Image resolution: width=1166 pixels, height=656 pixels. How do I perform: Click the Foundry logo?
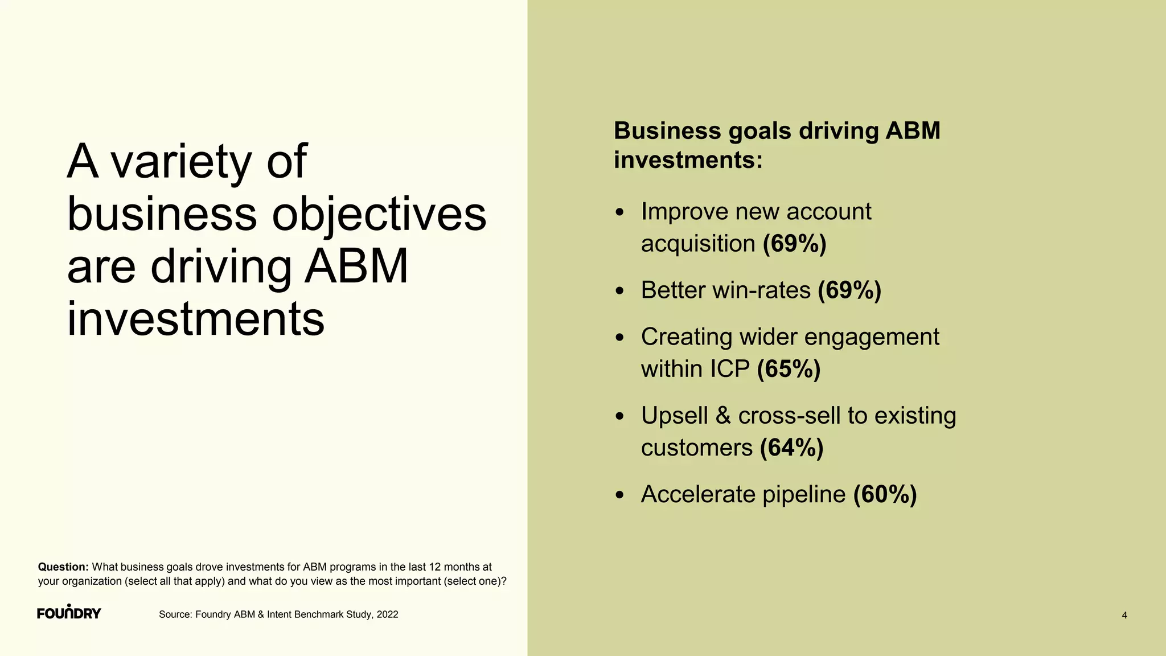pos(69,612)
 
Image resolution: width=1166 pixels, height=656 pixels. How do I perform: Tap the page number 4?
pos(1124,615)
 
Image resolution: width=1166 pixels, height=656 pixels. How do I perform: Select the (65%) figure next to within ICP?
pos(789,369)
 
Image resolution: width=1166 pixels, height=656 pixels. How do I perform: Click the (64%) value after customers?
pos(791,448)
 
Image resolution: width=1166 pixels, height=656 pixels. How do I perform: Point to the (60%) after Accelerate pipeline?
pos(885,494)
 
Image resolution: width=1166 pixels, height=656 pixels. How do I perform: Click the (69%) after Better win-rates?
pos(849,290)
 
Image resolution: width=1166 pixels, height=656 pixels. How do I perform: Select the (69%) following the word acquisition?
pos(794,244)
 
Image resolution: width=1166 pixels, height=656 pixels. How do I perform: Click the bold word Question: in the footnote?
pos(63,567)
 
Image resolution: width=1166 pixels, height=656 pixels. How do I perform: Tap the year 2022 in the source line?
pos(387,614)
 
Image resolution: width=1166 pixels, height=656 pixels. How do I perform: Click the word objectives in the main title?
pos(379,214)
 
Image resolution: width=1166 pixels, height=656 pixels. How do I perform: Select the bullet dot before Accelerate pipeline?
pos(620,495)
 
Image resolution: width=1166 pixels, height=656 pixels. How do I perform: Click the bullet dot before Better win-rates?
pos(620,292)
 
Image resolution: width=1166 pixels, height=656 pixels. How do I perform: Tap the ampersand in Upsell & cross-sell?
pos(723,416)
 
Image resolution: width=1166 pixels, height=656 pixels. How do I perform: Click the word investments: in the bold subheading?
pos(688,160)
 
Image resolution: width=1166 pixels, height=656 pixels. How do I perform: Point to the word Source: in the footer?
pos(175,614)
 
